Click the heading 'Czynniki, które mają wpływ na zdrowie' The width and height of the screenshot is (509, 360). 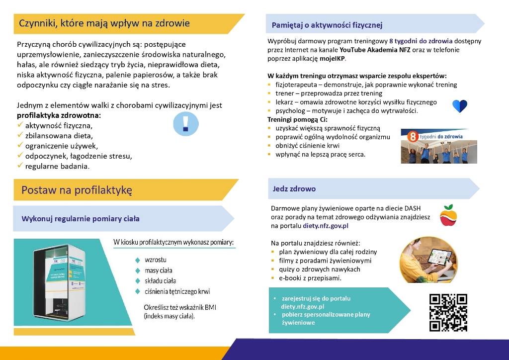pos(104,23)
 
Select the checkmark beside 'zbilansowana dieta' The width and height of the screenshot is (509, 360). pos(20,135)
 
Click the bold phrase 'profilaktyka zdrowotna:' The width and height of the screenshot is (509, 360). pos(59,115)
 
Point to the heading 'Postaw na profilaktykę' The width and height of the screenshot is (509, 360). pos(76,190)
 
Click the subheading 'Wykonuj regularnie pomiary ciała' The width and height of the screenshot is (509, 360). pos(81,218)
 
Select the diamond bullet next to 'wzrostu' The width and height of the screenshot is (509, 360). pos(138,260)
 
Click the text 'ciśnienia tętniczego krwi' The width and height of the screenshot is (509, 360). pos(177,291)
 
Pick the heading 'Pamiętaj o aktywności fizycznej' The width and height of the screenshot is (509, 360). pos(327,25)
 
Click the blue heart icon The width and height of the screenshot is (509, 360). pos(460,106)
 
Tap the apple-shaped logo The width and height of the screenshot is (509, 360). pos(448,214)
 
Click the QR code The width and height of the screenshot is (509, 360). pos(448,312)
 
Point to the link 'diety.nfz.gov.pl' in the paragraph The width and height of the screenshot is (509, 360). pos(326,225)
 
